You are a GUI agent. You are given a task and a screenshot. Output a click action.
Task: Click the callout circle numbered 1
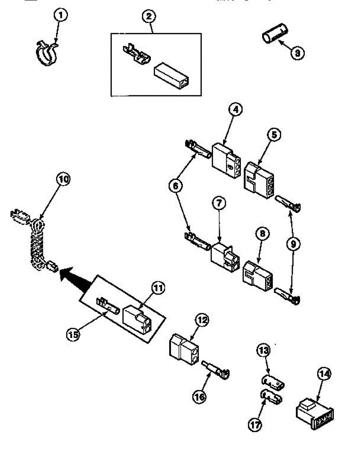coord(61,16)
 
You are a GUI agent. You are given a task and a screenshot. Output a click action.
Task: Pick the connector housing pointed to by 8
coord(258,275)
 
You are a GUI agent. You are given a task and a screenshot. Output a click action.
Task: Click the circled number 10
coord(63,179)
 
